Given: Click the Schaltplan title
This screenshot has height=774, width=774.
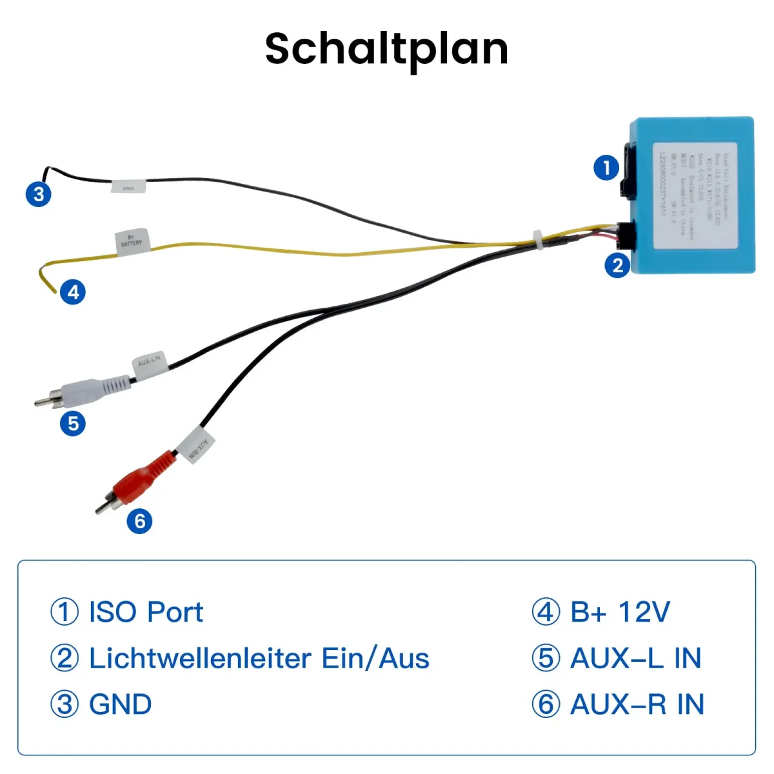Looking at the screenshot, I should tap(386, 48).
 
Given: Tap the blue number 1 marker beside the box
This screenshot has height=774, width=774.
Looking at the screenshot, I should tap(606, 168).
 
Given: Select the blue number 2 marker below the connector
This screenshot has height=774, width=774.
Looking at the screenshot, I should tap(617, 265).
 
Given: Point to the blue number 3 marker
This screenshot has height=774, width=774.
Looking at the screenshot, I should tap(39, 193).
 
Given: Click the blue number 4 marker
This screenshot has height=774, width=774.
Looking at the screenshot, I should tap(73, 292).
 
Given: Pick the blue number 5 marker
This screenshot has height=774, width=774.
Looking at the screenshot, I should tap(73, 424).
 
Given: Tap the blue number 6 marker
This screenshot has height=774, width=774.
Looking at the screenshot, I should tap(140, 521).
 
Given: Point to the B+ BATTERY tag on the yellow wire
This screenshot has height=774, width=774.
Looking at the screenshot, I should tap(132, 242).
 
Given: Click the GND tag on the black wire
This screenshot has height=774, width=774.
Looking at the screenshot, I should tap(128, 188).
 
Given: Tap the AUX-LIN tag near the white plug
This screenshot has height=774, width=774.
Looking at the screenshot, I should tap(150, 363).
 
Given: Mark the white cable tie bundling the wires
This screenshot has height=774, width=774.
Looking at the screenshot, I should tap(537, 240).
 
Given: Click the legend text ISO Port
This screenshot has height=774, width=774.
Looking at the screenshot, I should tap(146, 612).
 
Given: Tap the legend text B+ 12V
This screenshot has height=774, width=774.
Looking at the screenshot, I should tap(620, 612).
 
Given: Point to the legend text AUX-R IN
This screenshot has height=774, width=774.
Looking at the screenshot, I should tap(637, 704).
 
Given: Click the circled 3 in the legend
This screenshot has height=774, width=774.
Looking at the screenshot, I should tap(64, 704).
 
